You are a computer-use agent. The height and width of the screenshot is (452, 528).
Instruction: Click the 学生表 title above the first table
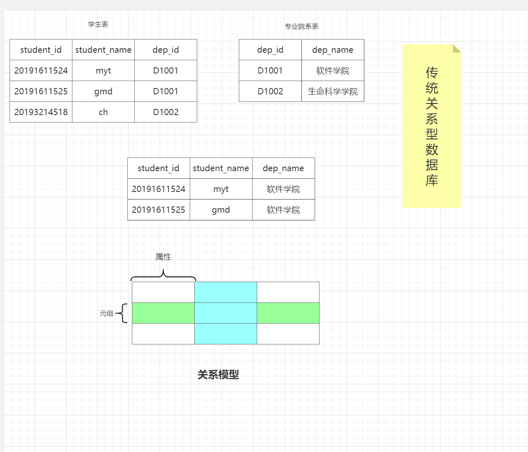click(x=98, y=25)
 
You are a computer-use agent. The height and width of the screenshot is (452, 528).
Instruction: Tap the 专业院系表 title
click(x=302, y=27)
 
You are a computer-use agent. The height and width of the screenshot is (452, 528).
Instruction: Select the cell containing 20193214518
click(x=41, y=112)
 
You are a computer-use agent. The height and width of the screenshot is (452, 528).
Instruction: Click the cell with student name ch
click(x=103, y=112)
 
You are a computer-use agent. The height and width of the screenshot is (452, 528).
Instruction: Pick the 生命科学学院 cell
click(x=332, y=91)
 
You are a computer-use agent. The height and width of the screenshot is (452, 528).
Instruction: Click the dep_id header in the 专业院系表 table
click(x=270, y=50)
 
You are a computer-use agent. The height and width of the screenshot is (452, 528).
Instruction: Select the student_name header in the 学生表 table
click(x=103, y=50)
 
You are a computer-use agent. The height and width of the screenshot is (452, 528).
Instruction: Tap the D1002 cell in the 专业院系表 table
click(x=270, y=91)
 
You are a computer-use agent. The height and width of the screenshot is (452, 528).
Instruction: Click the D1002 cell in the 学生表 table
click(x=166, y=112)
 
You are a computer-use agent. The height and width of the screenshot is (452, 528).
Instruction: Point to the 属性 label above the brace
click(x=163, y=257)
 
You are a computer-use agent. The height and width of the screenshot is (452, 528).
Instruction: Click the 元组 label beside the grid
click(x=106, y=314)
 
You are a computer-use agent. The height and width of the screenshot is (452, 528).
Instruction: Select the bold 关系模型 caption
click(x=218, y=375)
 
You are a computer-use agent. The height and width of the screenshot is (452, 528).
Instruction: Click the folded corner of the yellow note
click(x=457, y=49)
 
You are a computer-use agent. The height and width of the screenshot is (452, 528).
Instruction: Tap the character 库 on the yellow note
click(x=432, y=180)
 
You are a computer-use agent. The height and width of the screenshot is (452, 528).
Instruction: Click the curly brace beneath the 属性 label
click(x=163, y=275)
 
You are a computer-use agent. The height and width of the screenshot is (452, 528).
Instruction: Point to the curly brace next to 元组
click(x=122, y=313)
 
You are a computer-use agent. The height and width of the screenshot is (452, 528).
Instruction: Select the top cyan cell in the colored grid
click(x=226, y=292)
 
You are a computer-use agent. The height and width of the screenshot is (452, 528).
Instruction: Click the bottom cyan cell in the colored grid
click(x=226, y=334)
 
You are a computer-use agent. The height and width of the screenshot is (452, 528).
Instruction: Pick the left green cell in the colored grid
click(x=163, y=313)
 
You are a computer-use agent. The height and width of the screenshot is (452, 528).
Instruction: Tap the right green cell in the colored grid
click(x=288, y=313)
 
